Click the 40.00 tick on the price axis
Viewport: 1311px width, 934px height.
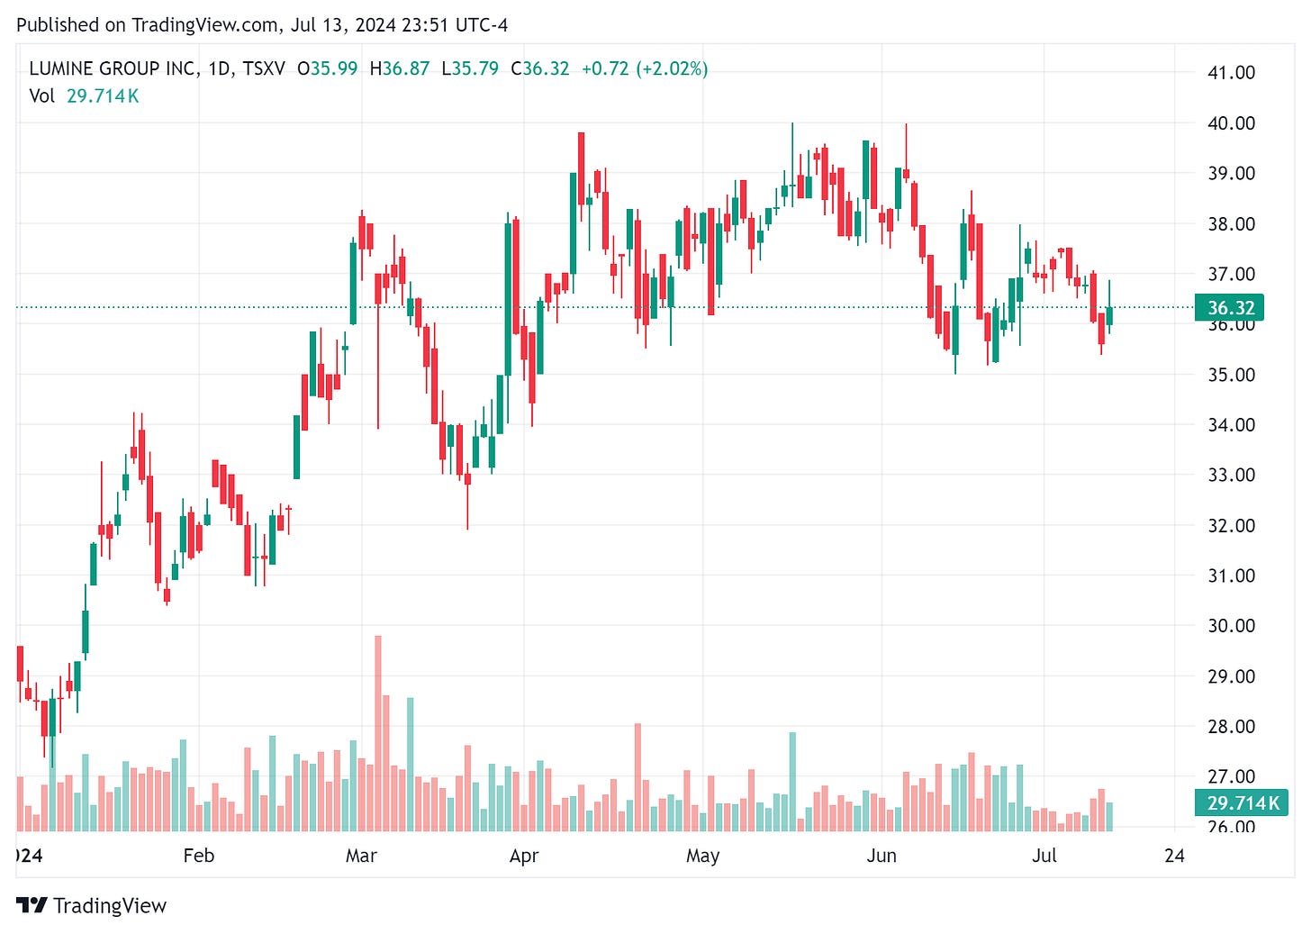[x=1230, y=123]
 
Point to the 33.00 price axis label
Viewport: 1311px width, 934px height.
[x=1230, y=475]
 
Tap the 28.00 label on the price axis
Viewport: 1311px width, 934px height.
[x=1230, y=726]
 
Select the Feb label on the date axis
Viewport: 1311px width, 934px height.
[x=198, y=856]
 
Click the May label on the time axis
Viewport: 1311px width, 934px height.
[x=702, y=856]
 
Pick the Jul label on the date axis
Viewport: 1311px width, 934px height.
[x=1044, y=856]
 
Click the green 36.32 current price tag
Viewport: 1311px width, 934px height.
[x=1230, y=308]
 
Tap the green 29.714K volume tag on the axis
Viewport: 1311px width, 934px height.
[x=1242, y=803]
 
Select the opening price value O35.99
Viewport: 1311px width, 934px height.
[x=328, y=68]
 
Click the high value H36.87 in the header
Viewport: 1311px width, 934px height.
[x=400, y=68]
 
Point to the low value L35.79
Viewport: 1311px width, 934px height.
[x=470, y=68]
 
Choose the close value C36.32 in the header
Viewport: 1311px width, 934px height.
[x=540, y=68]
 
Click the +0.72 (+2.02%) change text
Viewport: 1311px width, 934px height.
[x=645, y=68]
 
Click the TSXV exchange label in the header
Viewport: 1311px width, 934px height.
[x=264, y=68]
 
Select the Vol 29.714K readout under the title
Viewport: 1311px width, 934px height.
[x=85, y=96]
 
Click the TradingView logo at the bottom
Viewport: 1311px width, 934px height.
[x=92, y=905]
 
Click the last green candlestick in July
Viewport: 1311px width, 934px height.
[x=1109, y=315]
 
